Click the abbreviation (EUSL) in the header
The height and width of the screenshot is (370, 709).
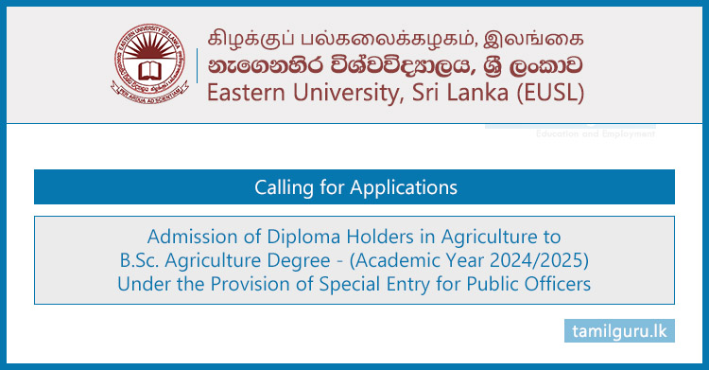click(x=549, y=93)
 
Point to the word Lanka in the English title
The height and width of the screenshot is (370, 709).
click(x=474, y=93)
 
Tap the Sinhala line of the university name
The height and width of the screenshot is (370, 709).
click(x=396, y=66)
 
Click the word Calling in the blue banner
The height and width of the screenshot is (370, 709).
click(x=282, y=187)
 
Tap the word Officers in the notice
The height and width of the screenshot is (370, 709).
click(x=559, y=282)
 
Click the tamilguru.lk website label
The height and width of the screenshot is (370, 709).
click(x=620, y=331)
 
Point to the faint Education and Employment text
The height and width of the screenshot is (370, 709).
click(x=595, y=134)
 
